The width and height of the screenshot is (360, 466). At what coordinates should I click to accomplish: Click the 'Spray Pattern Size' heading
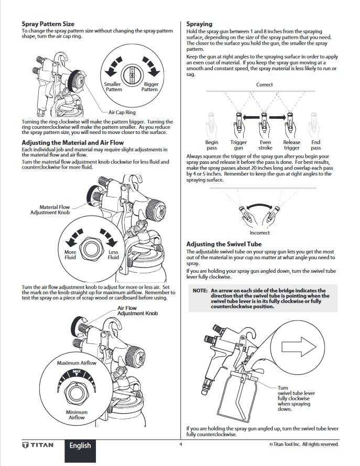tap(48, 24)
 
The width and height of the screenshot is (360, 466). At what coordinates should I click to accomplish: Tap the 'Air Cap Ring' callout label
tap(122, 113)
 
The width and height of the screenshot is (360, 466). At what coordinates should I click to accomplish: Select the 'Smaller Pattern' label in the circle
tap(113, 87)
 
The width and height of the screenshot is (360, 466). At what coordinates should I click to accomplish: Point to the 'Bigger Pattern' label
tap(150, 87)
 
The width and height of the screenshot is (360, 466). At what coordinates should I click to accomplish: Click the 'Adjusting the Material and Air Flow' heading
tap(73, 142)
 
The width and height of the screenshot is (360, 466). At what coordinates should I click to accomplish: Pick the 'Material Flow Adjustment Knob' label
tap(50, 210)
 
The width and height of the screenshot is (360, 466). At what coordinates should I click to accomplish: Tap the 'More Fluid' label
tap(70, 254)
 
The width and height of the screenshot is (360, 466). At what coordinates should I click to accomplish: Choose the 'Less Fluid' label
tap(113, 254)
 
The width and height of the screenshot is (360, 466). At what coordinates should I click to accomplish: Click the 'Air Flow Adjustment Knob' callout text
tap(137, 310)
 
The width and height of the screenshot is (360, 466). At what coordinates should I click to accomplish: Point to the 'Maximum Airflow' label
tap(77, 363)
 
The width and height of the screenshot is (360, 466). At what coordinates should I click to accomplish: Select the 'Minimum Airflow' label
tap(77, 415)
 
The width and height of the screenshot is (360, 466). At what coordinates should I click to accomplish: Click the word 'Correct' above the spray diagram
tap(265, 85)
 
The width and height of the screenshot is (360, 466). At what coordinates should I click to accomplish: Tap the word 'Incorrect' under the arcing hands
tap(260, 233)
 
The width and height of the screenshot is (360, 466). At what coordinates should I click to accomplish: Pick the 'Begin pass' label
tap(212, 145)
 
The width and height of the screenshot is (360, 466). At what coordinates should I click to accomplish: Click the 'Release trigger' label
tap(291, 145)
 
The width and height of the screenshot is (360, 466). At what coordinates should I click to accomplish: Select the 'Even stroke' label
tap(265, 145)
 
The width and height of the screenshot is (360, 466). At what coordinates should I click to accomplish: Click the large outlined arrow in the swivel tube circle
tap(298, 347)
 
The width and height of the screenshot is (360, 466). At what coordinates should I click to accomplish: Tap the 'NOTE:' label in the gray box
tap(200, 291)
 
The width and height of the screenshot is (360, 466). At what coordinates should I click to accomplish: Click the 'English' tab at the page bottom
tap(80, 446)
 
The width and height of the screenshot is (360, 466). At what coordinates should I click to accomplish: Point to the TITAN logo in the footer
tap(38, 445)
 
